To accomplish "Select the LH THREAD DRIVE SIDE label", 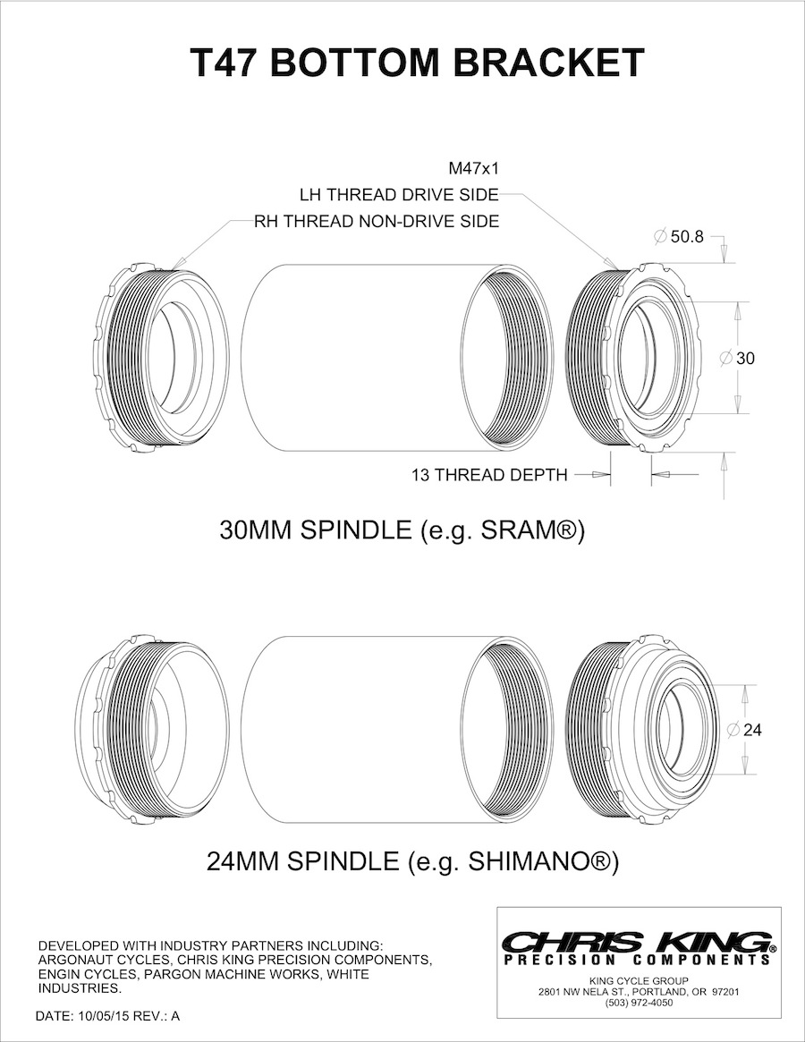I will tap(399, 194).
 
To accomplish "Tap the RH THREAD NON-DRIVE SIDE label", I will tap(377, 220).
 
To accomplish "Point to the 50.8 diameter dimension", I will tap(685, 237).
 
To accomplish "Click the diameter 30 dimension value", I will tap(744, 358).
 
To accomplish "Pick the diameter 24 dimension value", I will tap(751, 730).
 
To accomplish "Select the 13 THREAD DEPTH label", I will tap(489, 475).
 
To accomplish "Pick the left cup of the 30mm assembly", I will tap(161, 358).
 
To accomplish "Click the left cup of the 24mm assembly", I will tap(152, 730).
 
